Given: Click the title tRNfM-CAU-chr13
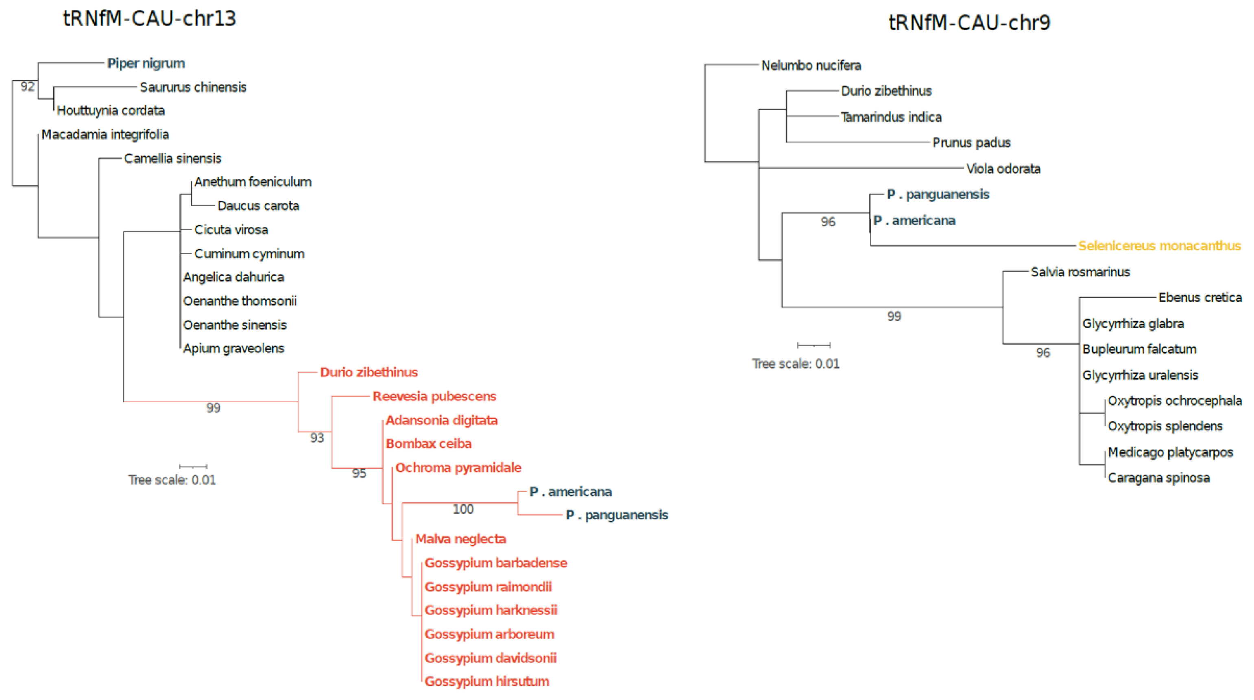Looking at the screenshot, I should [x=149, y=18].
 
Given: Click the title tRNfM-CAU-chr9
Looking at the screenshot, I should [x=969, y=22].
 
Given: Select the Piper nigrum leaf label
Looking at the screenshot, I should [x=146, y=63].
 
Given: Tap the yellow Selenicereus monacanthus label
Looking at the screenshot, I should [x=1159, y=245].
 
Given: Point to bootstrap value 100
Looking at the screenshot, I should [x=462, y=509].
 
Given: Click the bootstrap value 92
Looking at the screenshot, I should [x=27, y=87].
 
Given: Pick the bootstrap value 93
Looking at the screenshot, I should [x=317, y=438].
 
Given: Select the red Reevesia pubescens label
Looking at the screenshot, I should [x=434, y=396].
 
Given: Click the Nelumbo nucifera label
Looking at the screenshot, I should [x=811, y=65].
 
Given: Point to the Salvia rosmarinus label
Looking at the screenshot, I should [x=1080, y=272].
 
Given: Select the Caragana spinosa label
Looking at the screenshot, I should [x=1158, y=478].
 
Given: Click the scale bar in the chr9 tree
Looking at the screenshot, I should [x=813, y=345].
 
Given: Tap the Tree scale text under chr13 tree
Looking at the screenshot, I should [x=172, y=480].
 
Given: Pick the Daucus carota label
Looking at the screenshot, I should [x=258, y=206].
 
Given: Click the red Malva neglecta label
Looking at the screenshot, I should [x=460, y=539].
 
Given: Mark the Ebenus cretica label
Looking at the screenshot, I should [x=1199, y=297].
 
